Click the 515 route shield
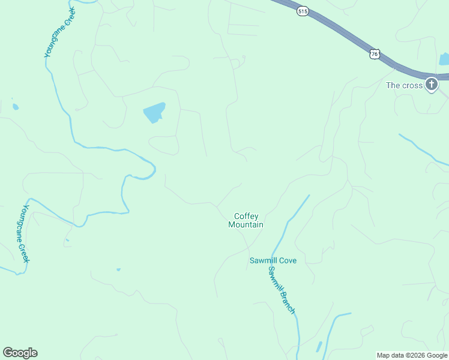(303, 11)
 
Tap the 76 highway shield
(375, 54)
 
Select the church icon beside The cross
(432, 85)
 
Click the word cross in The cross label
(413, 85)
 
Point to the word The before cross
(393, 85)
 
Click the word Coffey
(246, 216)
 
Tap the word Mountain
(246, 225)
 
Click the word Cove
(288, 260)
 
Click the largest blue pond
(154, 112)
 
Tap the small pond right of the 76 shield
(444, 59)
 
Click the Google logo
(20, 353)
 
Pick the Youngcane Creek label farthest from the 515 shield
(23, 234)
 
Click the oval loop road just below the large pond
(163, 145)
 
